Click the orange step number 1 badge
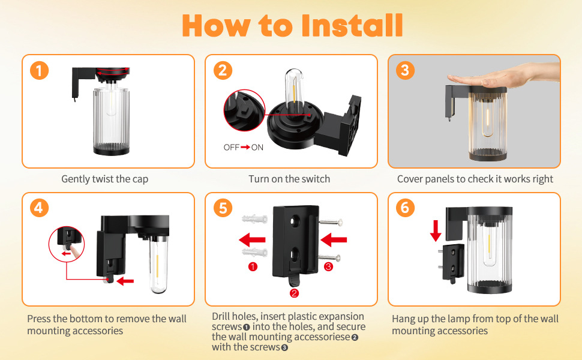[40, 70]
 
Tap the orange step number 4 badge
[40, 208]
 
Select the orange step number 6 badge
[406, 208]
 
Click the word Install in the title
[352, 26]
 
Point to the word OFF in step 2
[231, 148]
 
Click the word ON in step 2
[257, 148]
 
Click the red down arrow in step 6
[436, 231]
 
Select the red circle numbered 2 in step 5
[295, 293]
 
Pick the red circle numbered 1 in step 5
[253, 266]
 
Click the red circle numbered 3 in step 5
[328, 266]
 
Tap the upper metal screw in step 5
[331, 223]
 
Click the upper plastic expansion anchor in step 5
[254, 218]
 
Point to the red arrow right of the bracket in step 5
[334, 240]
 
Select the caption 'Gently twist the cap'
[104, 179]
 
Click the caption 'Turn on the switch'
[289, 179]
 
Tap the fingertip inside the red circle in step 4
[76, 253]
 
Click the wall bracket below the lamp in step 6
[453, 262]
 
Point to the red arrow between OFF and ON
[245, 148]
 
